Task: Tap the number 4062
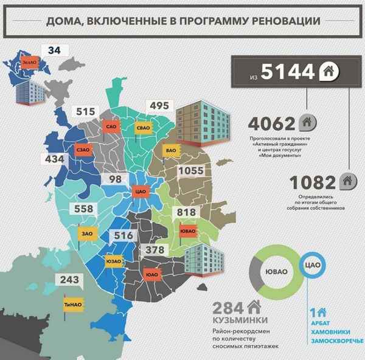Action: coord(272,124)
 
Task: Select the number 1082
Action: coord(312,182)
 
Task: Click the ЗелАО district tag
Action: coord(29,62)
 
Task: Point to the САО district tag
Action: coord(111,126)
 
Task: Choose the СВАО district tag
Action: coord(145,129)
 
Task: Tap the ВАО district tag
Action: coord(171,148)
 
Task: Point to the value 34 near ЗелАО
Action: coord(54,51)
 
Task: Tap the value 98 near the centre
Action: coord(115,179)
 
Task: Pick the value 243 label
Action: coord(70,280)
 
